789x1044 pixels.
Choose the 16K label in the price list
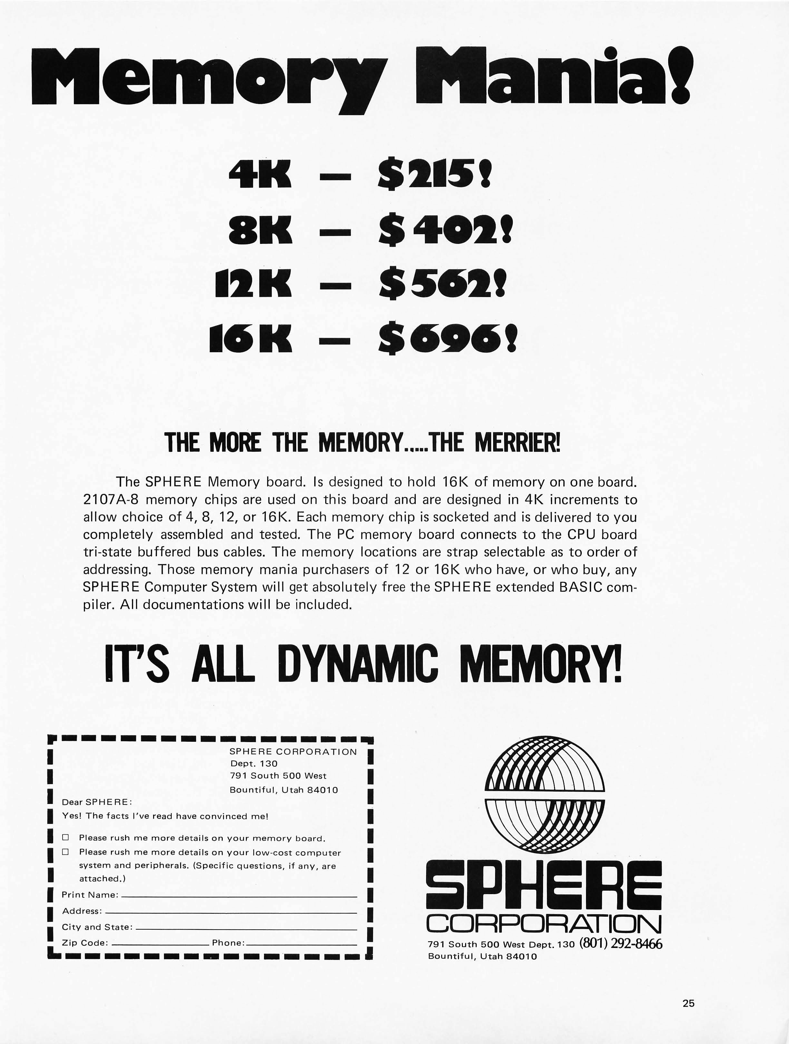point(250,339)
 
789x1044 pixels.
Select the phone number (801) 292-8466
point(621,943)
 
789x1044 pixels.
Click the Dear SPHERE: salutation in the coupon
point(97,802)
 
